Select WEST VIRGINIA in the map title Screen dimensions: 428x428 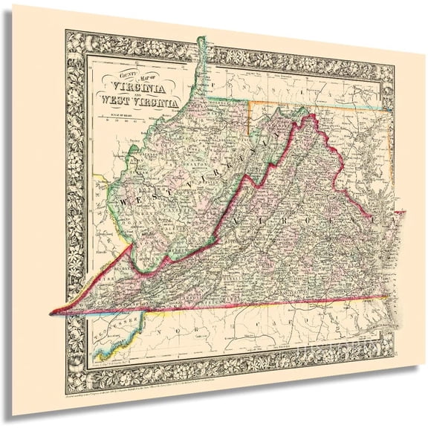coord(137,102)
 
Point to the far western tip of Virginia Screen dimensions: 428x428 coord(50,311)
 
